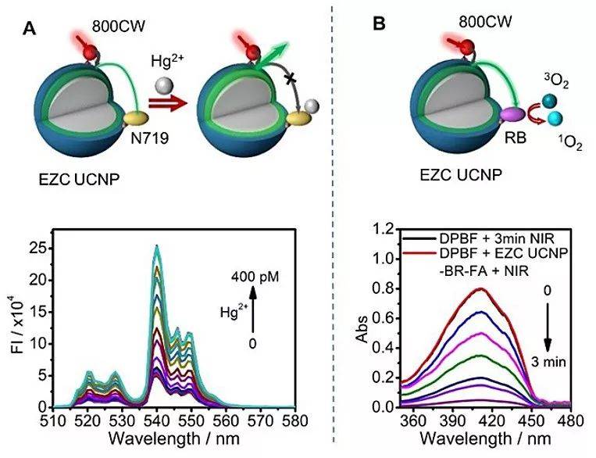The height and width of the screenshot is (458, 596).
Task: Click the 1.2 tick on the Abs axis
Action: coord(382,230)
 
